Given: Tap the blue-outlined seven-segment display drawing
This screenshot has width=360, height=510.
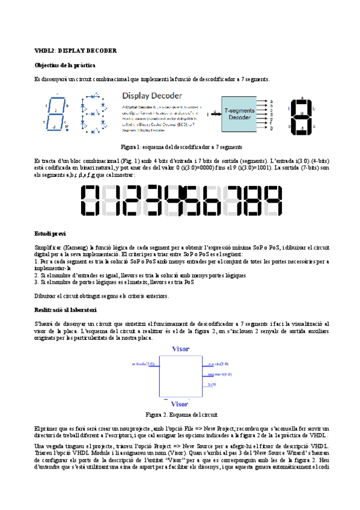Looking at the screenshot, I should tap(56, 112).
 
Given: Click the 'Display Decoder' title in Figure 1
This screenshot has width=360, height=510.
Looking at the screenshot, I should tap(155, 96).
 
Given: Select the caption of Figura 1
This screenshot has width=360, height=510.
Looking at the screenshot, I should tap(181, 147).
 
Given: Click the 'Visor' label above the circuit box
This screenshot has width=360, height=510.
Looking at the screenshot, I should tap(180, 349).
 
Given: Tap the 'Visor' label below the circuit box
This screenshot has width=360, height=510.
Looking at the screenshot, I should tap(180, 404).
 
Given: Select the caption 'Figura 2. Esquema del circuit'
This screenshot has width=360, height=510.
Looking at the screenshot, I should tap(180, 415).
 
